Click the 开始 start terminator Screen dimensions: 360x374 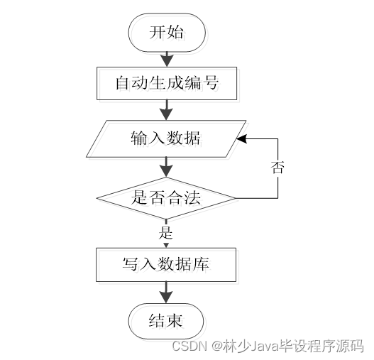(167, 33)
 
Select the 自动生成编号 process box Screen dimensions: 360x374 (167, 84)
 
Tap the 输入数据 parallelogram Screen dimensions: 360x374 (167, 138)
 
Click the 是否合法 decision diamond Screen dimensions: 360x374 (167, 197)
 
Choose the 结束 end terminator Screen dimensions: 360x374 (167, 321)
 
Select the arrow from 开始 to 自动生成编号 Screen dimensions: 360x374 (167, 58)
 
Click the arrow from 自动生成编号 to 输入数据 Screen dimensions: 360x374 (167, 109)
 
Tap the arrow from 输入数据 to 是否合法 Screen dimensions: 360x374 (167, 167)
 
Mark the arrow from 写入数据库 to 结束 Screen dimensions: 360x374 (167, 292)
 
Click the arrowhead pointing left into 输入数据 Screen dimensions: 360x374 (241, 138)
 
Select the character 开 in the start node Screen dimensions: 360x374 (157, 33)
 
